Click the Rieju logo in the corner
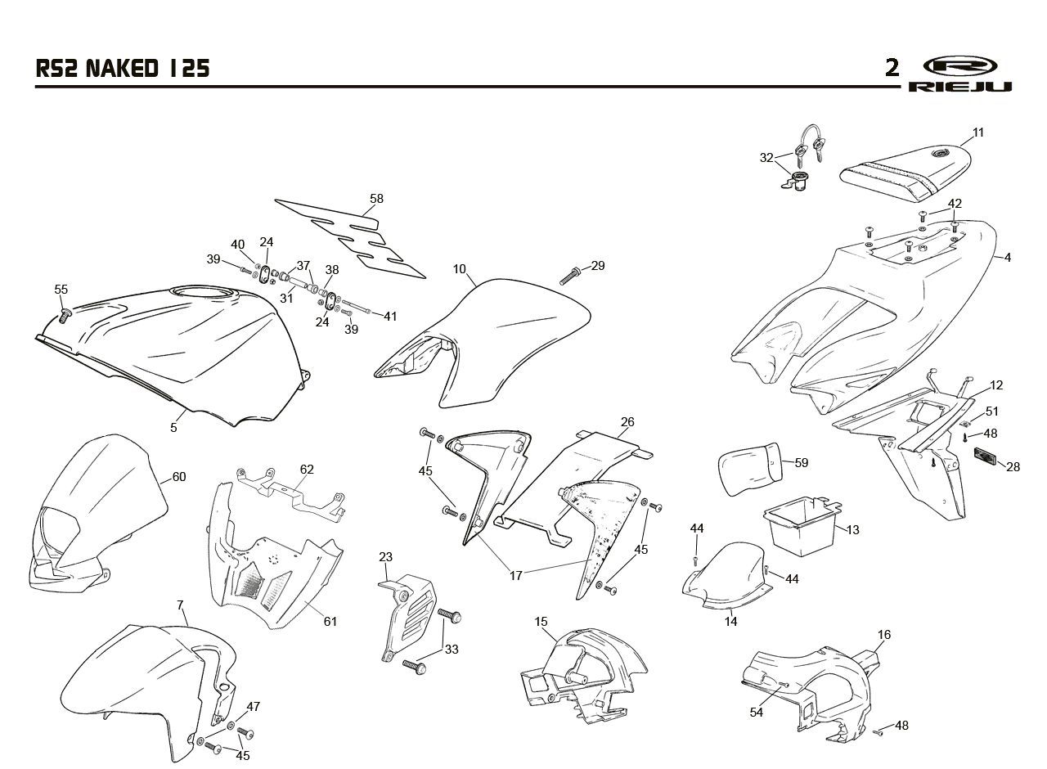tap(959, 74)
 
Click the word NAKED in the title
tap(122, 69)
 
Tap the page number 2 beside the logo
tap(892, 68)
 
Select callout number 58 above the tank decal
tap(376, 199)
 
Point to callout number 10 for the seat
tap(459, 269)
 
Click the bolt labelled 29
tap(570, 276)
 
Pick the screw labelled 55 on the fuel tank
tap(64, 315)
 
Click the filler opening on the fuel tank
tap(201, 294)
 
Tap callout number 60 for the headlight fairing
tap(179, 476)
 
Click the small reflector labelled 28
tap(985, 453)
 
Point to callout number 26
tap(627, 421)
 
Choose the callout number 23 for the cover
tap(385, 557)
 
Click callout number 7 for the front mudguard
tap(181, 605)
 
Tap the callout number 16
tap(884, 634)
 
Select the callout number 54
tap(757, 712)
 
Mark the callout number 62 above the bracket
tap(307, 469)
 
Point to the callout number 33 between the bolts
tap(452, 649)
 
